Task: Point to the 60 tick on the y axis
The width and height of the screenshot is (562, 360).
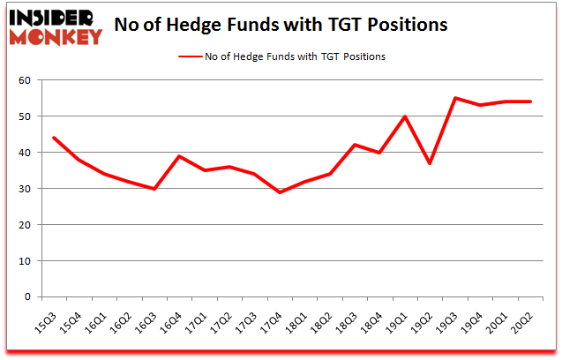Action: point(25,80)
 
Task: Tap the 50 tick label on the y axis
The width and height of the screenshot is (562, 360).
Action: point(25,116)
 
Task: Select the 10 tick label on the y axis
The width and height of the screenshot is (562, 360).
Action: point(25,261)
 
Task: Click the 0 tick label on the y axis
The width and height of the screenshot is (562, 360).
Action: point(27,297)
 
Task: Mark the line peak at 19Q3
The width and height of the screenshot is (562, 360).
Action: point(456,98)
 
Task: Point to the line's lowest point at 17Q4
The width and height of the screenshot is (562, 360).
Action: point(281,192)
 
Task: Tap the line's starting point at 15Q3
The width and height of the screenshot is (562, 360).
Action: point(54,138)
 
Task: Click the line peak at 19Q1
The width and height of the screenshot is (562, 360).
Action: point(406,116)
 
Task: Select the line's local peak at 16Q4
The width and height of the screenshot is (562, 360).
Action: point(180,156)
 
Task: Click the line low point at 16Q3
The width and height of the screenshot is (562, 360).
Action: point(154,189)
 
